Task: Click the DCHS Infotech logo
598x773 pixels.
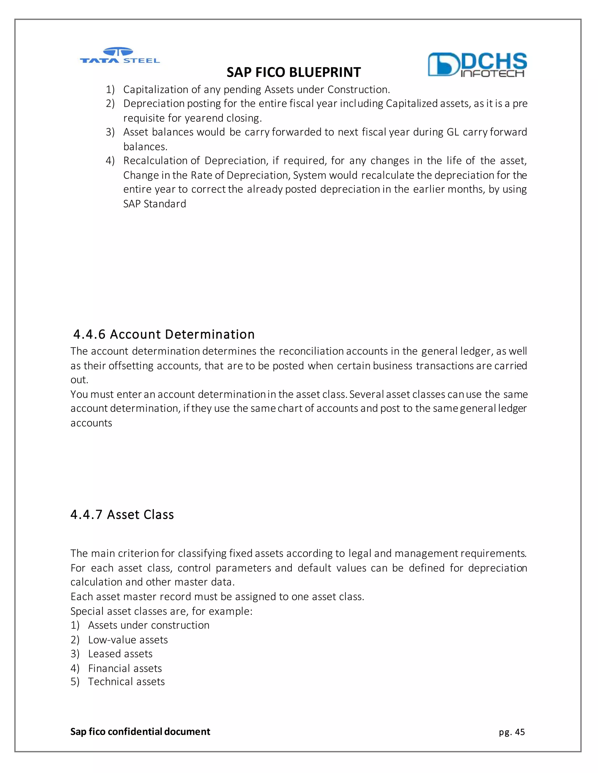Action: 477,64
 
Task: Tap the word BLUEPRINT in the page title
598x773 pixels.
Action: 325,72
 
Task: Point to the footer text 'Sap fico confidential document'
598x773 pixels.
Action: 140,732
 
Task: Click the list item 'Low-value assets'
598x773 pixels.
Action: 128,640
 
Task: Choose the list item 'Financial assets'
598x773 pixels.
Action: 125,668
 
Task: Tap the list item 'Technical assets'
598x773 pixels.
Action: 126,681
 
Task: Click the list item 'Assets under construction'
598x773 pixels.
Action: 148,625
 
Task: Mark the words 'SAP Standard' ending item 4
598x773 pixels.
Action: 154,204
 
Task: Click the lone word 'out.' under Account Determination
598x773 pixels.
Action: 79,380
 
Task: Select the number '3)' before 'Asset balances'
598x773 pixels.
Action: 110,132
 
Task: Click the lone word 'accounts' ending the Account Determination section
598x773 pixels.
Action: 91,423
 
